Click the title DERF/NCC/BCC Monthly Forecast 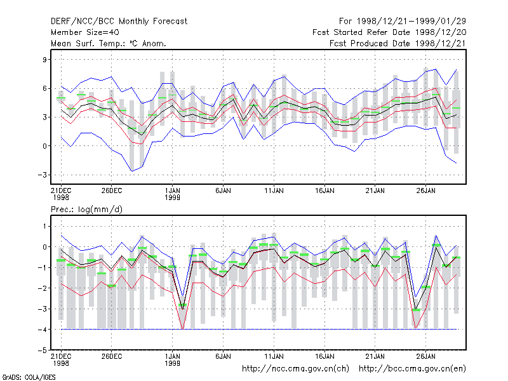pyautogui.click(x=119, y=22)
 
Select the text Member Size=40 pyautogui.click(x=85, y=32)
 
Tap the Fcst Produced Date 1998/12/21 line pyautogui.click(x=398, y=43)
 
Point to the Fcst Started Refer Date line pyautogui.click(x=389, y=32)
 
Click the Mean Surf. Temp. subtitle pyautogui.click(x=108, y=43)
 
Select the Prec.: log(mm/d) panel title pyautogui.click(x=86, y=210)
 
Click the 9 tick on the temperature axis pyautogui.click(x=44, y=60)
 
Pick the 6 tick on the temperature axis pyautogui.click(x=44, y=88)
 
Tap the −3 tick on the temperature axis pyautogui.click(x=42, y=175)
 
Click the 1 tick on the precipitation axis pyautogui.click(x=44, y=227)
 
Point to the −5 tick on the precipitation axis pyautogui.click(x=42, y=351)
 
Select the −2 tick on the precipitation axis pyautogui.click(x=42, y=288)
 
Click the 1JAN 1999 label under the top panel pyautogui.click(x=172, y=194)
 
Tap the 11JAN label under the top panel pyautogui.click(x=274, y=191)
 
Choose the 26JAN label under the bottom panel pyautogui.click(x=425, y=356)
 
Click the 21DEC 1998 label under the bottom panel pyautogui.click(x=61, y=359)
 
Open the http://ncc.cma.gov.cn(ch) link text pyautogui.click(x=295, y=369)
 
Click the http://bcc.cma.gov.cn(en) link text pyautogui.click(x=412, y=369)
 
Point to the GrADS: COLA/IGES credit pyautogui.click(x=29, y=377)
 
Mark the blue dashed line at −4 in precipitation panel pyautogui.click(x=259, y=330)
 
